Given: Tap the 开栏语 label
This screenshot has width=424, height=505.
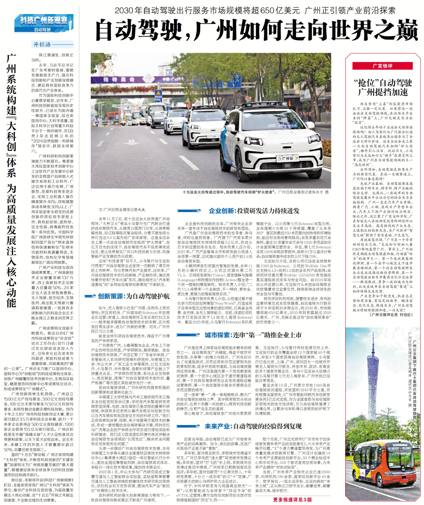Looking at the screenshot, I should click(42, 45).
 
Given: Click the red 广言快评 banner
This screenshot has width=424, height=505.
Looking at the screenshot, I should click(382, 66).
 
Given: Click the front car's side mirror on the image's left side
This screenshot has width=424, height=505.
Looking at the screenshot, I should click(231, 128).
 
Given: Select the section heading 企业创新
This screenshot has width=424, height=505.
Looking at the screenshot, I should click(222, 211).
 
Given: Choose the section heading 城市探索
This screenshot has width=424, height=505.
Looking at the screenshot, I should click(217, 335).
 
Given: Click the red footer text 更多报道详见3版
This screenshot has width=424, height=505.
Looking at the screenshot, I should click(293, 500).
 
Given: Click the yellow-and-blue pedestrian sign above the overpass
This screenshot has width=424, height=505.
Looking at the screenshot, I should click(158, 94).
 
